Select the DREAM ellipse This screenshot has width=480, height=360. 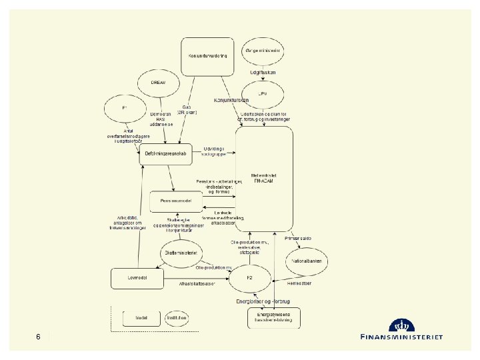(159, 83)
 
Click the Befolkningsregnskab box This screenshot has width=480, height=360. (165, 154)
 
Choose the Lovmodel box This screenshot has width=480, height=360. (137, 277)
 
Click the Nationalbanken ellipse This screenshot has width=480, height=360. (307, 261)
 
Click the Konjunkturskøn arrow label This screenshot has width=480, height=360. (231, 101)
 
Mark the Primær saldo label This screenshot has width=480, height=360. (297, 238)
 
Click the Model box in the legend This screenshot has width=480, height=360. (141, 318)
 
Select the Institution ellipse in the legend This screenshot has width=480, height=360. (177, 318)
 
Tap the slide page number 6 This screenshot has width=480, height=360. (39, 337)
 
